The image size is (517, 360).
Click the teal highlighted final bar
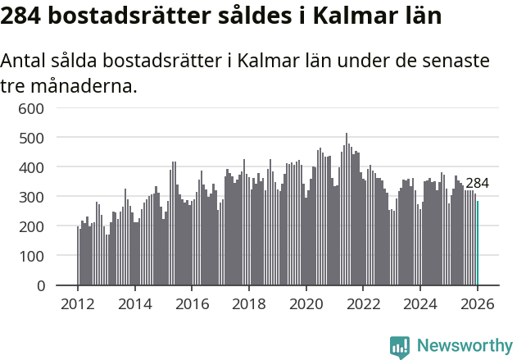tap(478, 244)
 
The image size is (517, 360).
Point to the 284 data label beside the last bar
tap(477, 184)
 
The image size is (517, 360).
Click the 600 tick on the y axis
tap(43, 108)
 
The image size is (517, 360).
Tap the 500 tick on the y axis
tap(43, 138)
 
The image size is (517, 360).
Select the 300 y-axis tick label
tap(43, 197)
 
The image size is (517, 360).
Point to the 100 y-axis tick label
tap(43, 257)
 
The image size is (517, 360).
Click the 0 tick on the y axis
tap(50, 286)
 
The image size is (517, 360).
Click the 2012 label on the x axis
tap(78, 304)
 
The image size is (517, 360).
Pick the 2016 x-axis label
tap(192, 304)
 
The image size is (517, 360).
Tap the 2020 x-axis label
tap(306, 304)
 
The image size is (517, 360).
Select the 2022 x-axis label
tap(363, 304)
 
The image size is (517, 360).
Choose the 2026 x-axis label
tap(478, 304)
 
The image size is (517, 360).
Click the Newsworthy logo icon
tap(400, 347)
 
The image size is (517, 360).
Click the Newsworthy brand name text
tap(464, 346)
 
